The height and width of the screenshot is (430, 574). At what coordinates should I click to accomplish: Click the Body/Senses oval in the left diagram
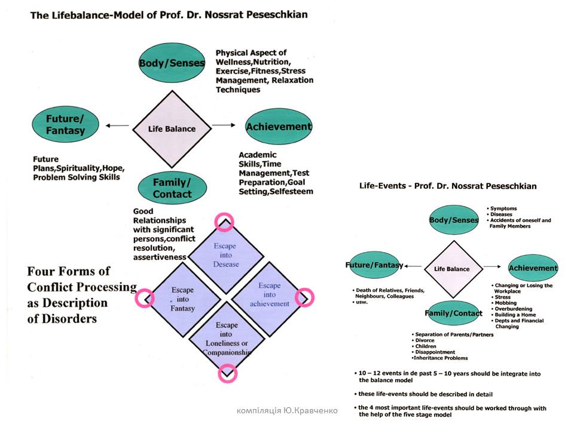[x=172, y=63]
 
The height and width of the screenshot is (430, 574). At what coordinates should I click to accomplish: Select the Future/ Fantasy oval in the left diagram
[x=66, y=125]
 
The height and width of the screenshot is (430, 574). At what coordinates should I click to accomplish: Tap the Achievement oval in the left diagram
[x=279, y=127]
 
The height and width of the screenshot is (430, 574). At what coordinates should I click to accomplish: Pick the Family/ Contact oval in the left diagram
[x=172, y=188]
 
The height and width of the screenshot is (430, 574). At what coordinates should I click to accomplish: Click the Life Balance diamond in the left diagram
[x=172, y=128]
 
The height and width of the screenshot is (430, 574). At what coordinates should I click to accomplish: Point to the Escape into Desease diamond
[x=225, y=256]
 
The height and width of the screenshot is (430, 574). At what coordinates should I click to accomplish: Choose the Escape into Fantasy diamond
[x=182, y=297]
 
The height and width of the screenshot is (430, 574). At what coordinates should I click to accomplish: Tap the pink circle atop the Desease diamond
[x=225, y=222]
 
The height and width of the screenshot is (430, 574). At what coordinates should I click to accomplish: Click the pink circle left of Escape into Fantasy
[x=145, y=297]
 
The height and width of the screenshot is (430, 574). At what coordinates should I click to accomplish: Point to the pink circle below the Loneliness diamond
[x=227, y=374]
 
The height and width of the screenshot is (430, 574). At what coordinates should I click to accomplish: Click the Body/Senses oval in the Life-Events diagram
[x=454, y=220]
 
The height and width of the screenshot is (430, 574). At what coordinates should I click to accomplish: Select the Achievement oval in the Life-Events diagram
[x=533, y=268]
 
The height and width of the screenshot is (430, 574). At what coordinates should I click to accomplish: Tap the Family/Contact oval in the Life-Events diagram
[x=454, y=313]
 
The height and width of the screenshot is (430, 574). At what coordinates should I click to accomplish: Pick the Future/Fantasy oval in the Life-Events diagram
[x=375, y=266]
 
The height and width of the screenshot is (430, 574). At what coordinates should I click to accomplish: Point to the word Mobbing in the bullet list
[x=506, y=303]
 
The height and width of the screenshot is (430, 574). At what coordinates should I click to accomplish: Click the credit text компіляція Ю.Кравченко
[x=288, y=410]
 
